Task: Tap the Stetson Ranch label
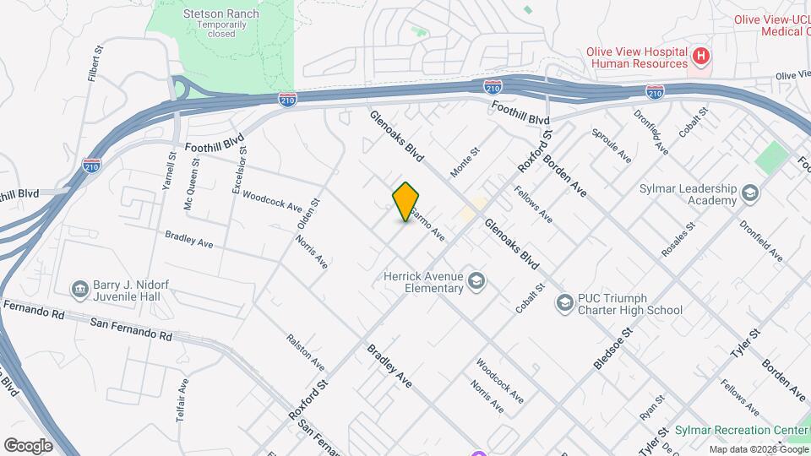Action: click(x=220, y=14)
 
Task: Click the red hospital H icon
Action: click(x=700, y=57)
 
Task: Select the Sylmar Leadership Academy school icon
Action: click(x=748, y=195)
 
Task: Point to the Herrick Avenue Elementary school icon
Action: click(x=476, y=281)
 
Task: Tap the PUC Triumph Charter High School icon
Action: click(x=563, y=302)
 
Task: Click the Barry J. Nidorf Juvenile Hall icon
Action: click(x=80, y=289)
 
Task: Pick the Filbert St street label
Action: click(x=95, y=64)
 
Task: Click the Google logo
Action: click(x=28, y=445)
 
